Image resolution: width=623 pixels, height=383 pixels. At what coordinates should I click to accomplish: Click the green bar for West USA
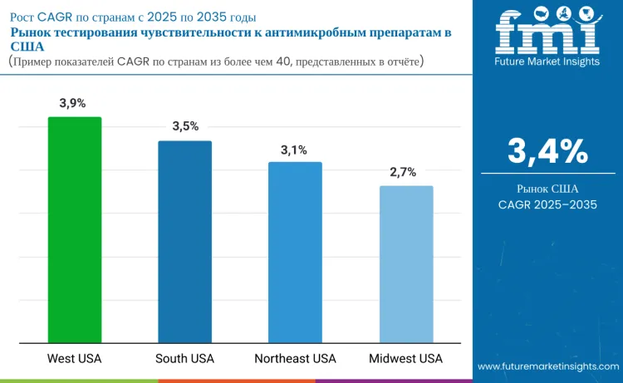(x=75, y=228)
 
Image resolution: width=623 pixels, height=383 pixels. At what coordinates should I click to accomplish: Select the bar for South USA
(x=185, y=241)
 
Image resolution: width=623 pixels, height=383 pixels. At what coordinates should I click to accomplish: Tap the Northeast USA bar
(x=295, y=251)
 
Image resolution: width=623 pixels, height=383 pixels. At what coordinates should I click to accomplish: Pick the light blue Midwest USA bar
(x=406, y=263)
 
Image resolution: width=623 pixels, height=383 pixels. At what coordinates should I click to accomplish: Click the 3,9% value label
(x=73, y=103)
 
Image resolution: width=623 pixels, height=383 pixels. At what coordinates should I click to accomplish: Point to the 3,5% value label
(x=185, y=126)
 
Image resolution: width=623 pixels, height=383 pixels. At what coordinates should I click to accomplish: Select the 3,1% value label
(x=294, y=150)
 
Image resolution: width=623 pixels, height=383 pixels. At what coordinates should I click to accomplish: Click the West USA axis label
(x=75, y=359)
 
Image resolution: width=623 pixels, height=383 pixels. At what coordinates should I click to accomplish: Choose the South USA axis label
(x=185, y=359)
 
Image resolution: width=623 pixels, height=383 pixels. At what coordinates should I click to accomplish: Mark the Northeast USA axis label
(x=295, y=359)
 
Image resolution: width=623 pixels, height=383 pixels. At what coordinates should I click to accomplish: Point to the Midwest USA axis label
(x=406, y=359)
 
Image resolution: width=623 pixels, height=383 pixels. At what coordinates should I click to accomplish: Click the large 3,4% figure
(x=547, y=151)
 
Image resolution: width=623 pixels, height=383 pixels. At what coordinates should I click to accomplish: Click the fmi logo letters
(x=547, y=36)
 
